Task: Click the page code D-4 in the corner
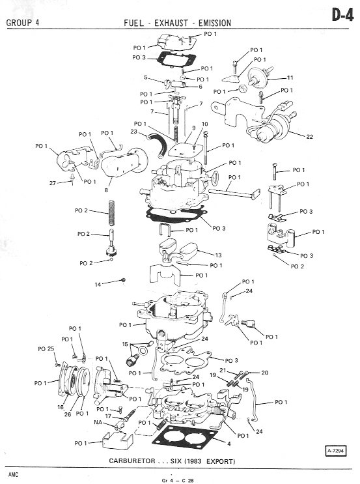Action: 342,15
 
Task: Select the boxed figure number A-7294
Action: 335,451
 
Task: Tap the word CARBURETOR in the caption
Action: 132,461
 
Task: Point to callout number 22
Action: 309,136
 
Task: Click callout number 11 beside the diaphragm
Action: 290,78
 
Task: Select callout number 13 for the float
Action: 218,255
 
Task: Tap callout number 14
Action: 98,284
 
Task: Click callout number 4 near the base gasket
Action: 228,444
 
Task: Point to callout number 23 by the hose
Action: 133,132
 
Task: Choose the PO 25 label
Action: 46,349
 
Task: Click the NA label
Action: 98,422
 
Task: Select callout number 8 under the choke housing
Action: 106,190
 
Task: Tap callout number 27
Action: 53,183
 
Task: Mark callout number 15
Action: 125,344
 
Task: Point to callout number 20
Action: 265,373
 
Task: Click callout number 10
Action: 205,124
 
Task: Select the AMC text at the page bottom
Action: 13,474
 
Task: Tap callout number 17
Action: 108,416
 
